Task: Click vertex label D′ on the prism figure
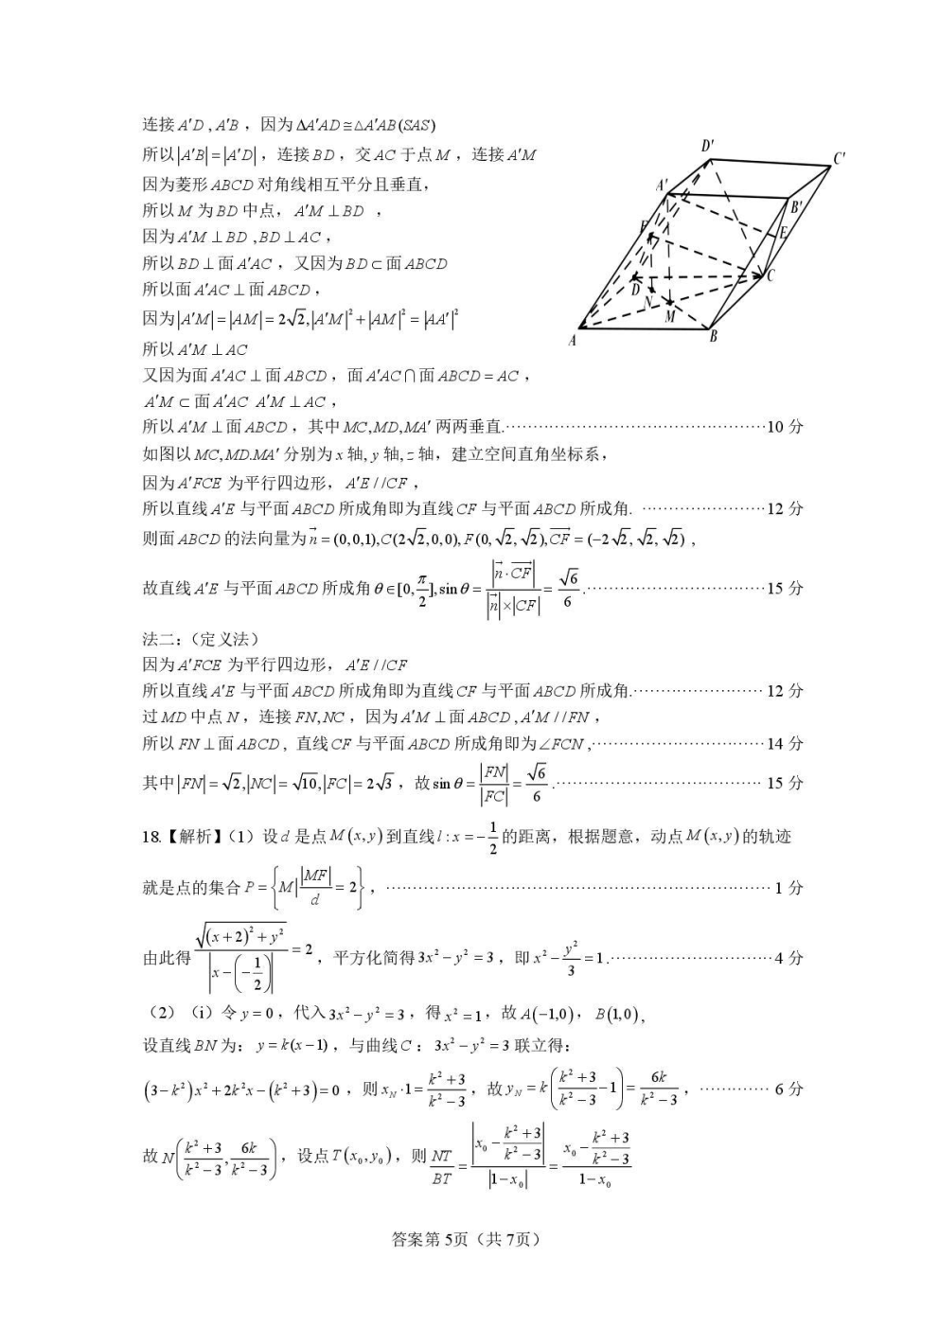pyautogui.click(x=707, y=146)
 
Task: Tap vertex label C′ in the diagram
pyautogui.click(x=839, y=159)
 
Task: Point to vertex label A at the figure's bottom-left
pyautogui.click(x=572, y=341)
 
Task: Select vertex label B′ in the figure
pyautogui.click(x=797, y=207)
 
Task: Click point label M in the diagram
pyautogui.click(x=670, y=316)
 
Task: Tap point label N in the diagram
pyautogui.click(x=647, y=302)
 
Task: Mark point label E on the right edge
pyautogui.click(x=783, y=233)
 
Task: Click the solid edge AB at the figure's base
pyautogui.click(x=644, y=329)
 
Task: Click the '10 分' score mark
pyautogui.click(x=784, y=427)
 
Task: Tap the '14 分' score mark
pyautogui.click(x=784, y=744)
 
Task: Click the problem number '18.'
pyautogui.click(x=151, y=837)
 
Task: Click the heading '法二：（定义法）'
pyautogui.click(x=200, y=639)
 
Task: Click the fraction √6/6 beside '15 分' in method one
pyautogui.click(x=567, y=589)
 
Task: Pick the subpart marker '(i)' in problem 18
pyautogui.click(x=202, y=1013)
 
